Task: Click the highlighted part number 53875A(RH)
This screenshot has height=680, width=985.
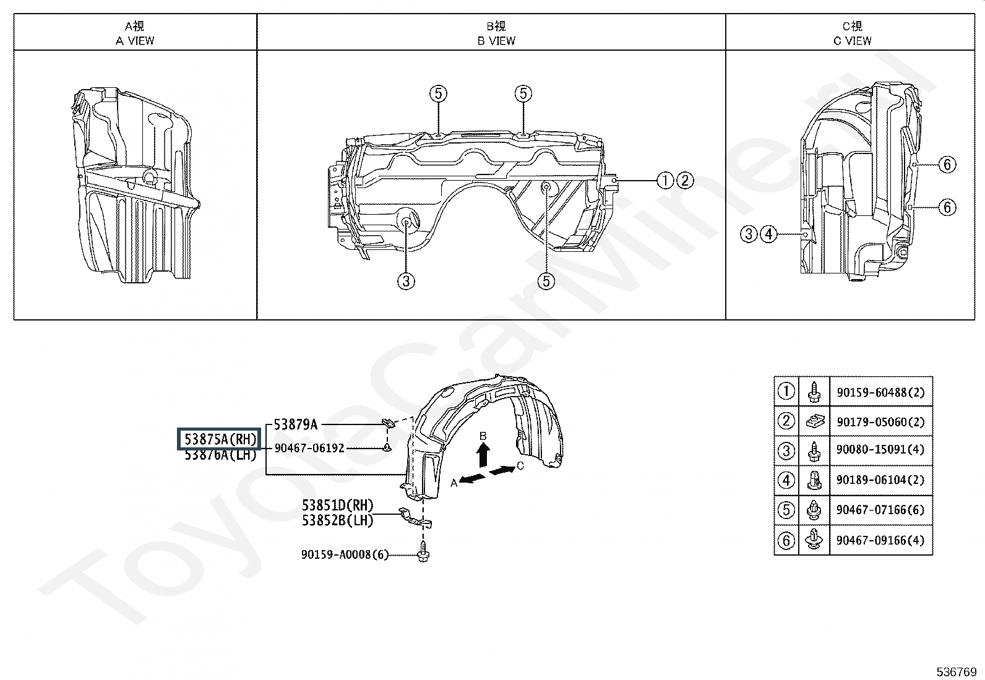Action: tap(220, 439)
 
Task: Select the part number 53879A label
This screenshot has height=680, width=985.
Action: tap(296, 424)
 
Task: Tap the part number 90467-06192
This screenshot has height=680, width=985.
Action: tap(309, 448)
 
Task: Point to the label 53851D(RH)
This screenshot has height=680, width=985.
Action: tap(338, 506)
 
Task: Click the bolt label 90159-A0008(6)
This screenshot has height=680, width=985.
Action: tap(345, 554)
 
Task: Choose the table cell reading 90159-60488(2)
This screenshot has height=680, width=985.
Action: tap(881, 392)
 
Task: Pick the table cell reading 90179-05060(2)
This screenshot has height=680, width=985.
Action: tap(881, 422)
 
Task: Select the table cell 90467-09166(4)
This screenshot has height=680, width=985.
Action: tap(881, 540)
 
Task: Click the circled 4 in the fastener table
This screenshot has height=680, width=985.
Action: tap(786, 480)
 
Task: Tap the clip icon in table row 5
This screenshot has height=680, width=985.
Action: tap(814, 510)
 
